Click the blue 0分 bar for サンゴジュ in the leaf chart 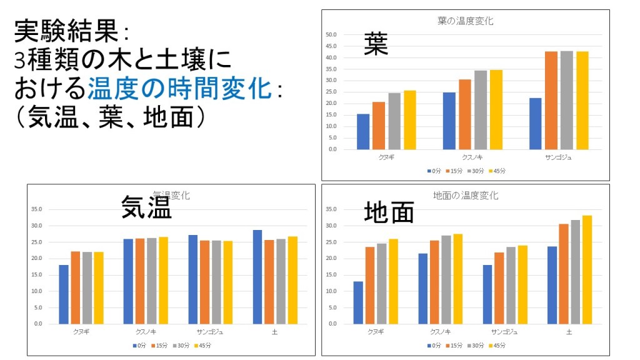pos(535,124)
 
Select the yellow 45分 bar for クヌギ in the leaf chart pos(410,120)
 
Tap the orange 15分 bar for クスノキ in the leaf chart pos(465,114)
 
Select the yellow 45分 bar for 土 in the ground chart pos(587,269)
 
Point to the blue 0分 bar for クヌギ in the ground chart pos(358,302)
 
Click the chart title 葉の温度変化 pos(466,21)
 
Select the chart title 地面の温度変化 pos(466,196)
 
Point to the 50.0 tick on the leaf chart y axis pos(331,35)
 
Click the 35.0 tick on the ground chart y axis pos(331,209)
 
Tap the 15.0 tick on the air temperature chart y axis pos(37,275)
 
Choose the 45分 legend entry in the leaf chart pos(497,171)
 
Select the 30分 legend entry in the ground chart pos(476,345)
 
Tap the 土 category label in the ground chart pos(569,332)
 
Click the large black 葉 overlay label pos(376,45)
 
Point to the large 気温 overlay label pos(146,207)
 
